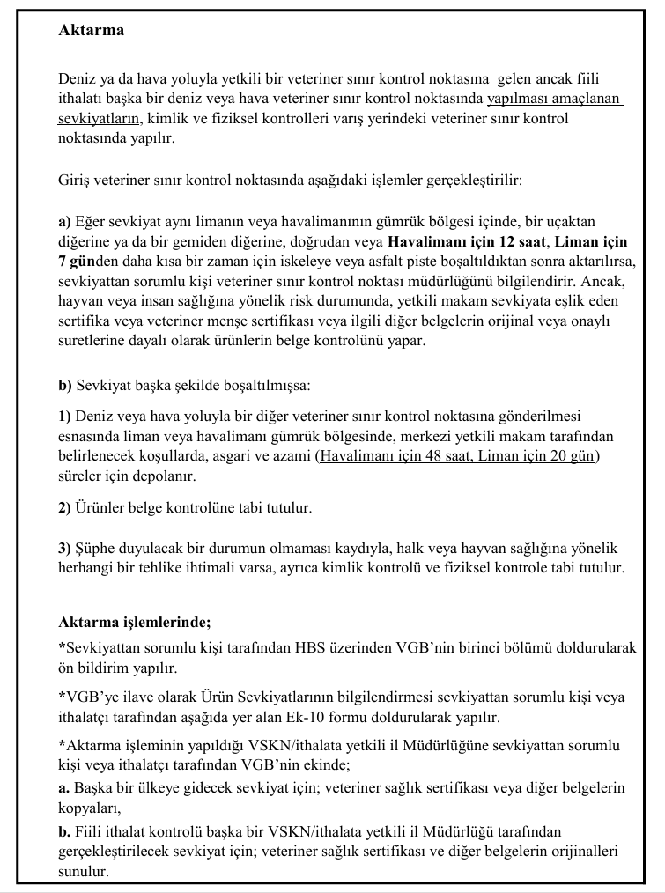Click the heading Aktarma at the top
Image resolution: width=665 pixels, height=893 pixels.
[91, 30]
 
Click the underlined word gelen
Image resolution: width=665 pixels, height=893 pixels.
[514, 79]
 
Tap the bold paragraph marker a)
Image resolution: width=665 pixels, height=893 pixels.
[65, 222]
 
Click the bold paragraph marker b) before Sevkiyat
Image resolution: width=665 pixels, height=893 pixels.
[65, 385]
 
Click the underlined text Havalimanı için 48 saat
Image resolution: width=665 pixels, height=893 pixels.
[397, 455]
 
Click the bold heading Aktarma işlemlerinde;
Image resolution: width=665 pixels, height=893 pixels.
[134, 624]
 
